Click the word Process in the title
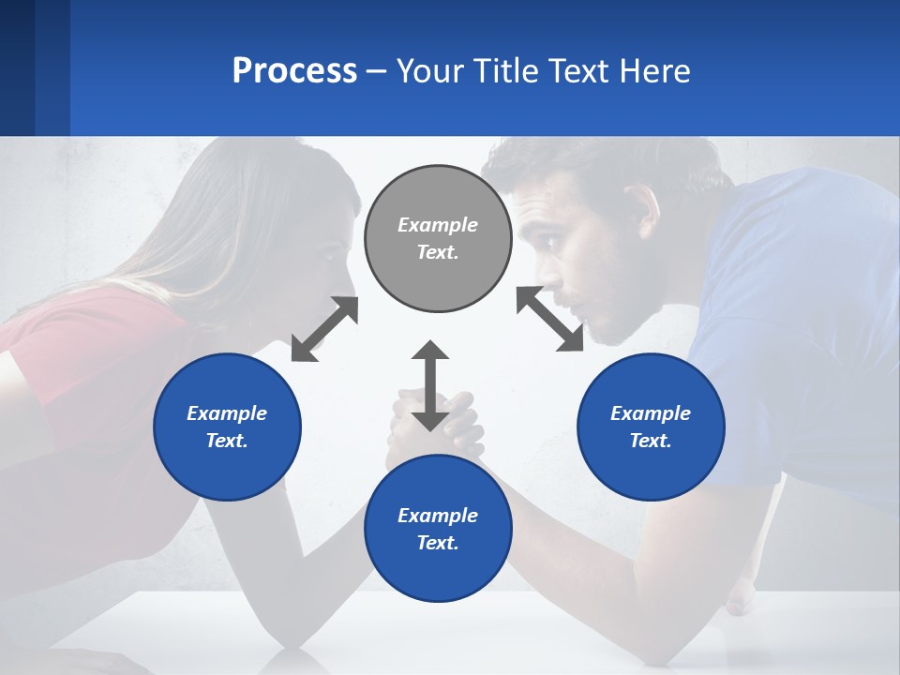[293, 70]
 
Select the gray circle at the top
[438, 239]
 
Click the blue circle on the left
[227, 427]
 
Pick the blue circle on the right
[651, 427]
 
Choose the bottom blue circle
[438, 529]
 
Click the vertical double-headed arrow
[430, 385]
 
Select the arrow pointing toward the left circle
[324, 329]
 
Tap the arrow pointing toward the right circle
[549, 319]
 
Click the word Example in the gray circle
[438, 225]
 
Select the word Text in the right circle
[650, 441]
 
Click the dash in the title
[376, 71]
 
